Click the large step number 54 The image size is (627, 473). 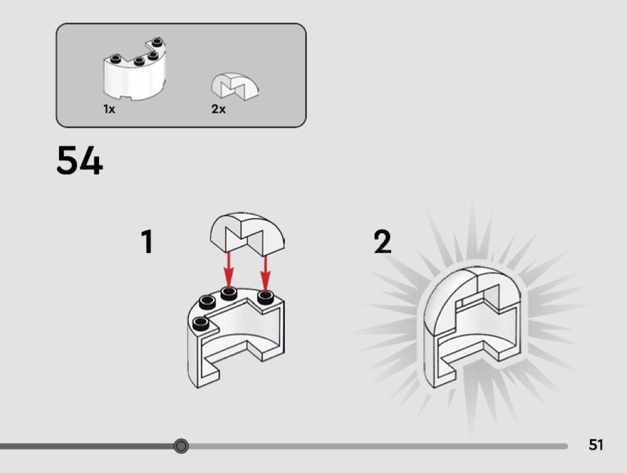[x=79, y=160]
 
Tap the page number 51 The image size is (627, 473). [x=595, y=444]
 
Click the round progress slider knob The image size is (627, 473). [x=181, y=446]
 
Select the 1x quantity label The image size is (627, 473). [x=109, y=109]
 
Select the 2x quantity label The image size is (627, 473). [x=219, y=109]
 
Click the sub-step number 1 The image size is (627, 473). [x=147, y=242]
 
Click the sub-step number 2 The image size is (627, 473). [x=382, y=241]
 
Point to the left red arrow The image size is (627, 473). [x=228, y=270]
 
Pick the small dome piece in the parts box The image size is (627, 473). [x=235, y=85]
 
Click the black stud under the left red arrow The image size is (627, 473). [x=228, y=294]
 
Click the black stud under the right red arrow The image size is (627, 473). [x=266, y=298]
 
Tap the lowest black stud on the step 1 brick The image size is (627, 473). [x=201, y=323]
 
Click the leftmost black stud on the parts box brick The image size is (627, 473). [x=116, y=59]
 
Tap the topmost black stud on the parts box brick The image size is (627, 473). [x=156, y=41]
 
